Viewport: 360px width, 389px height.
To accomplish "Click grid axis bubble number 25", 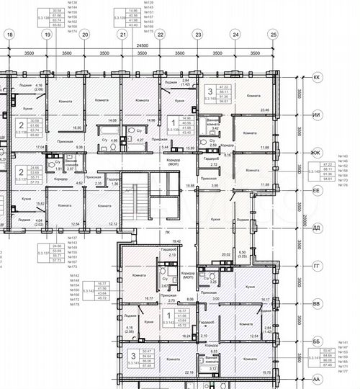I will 272,35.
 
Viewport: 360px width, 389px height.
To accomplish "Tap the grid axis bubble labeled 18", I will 9,35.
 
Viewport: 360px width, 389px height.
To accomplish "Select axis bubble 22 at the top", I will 160,35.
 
